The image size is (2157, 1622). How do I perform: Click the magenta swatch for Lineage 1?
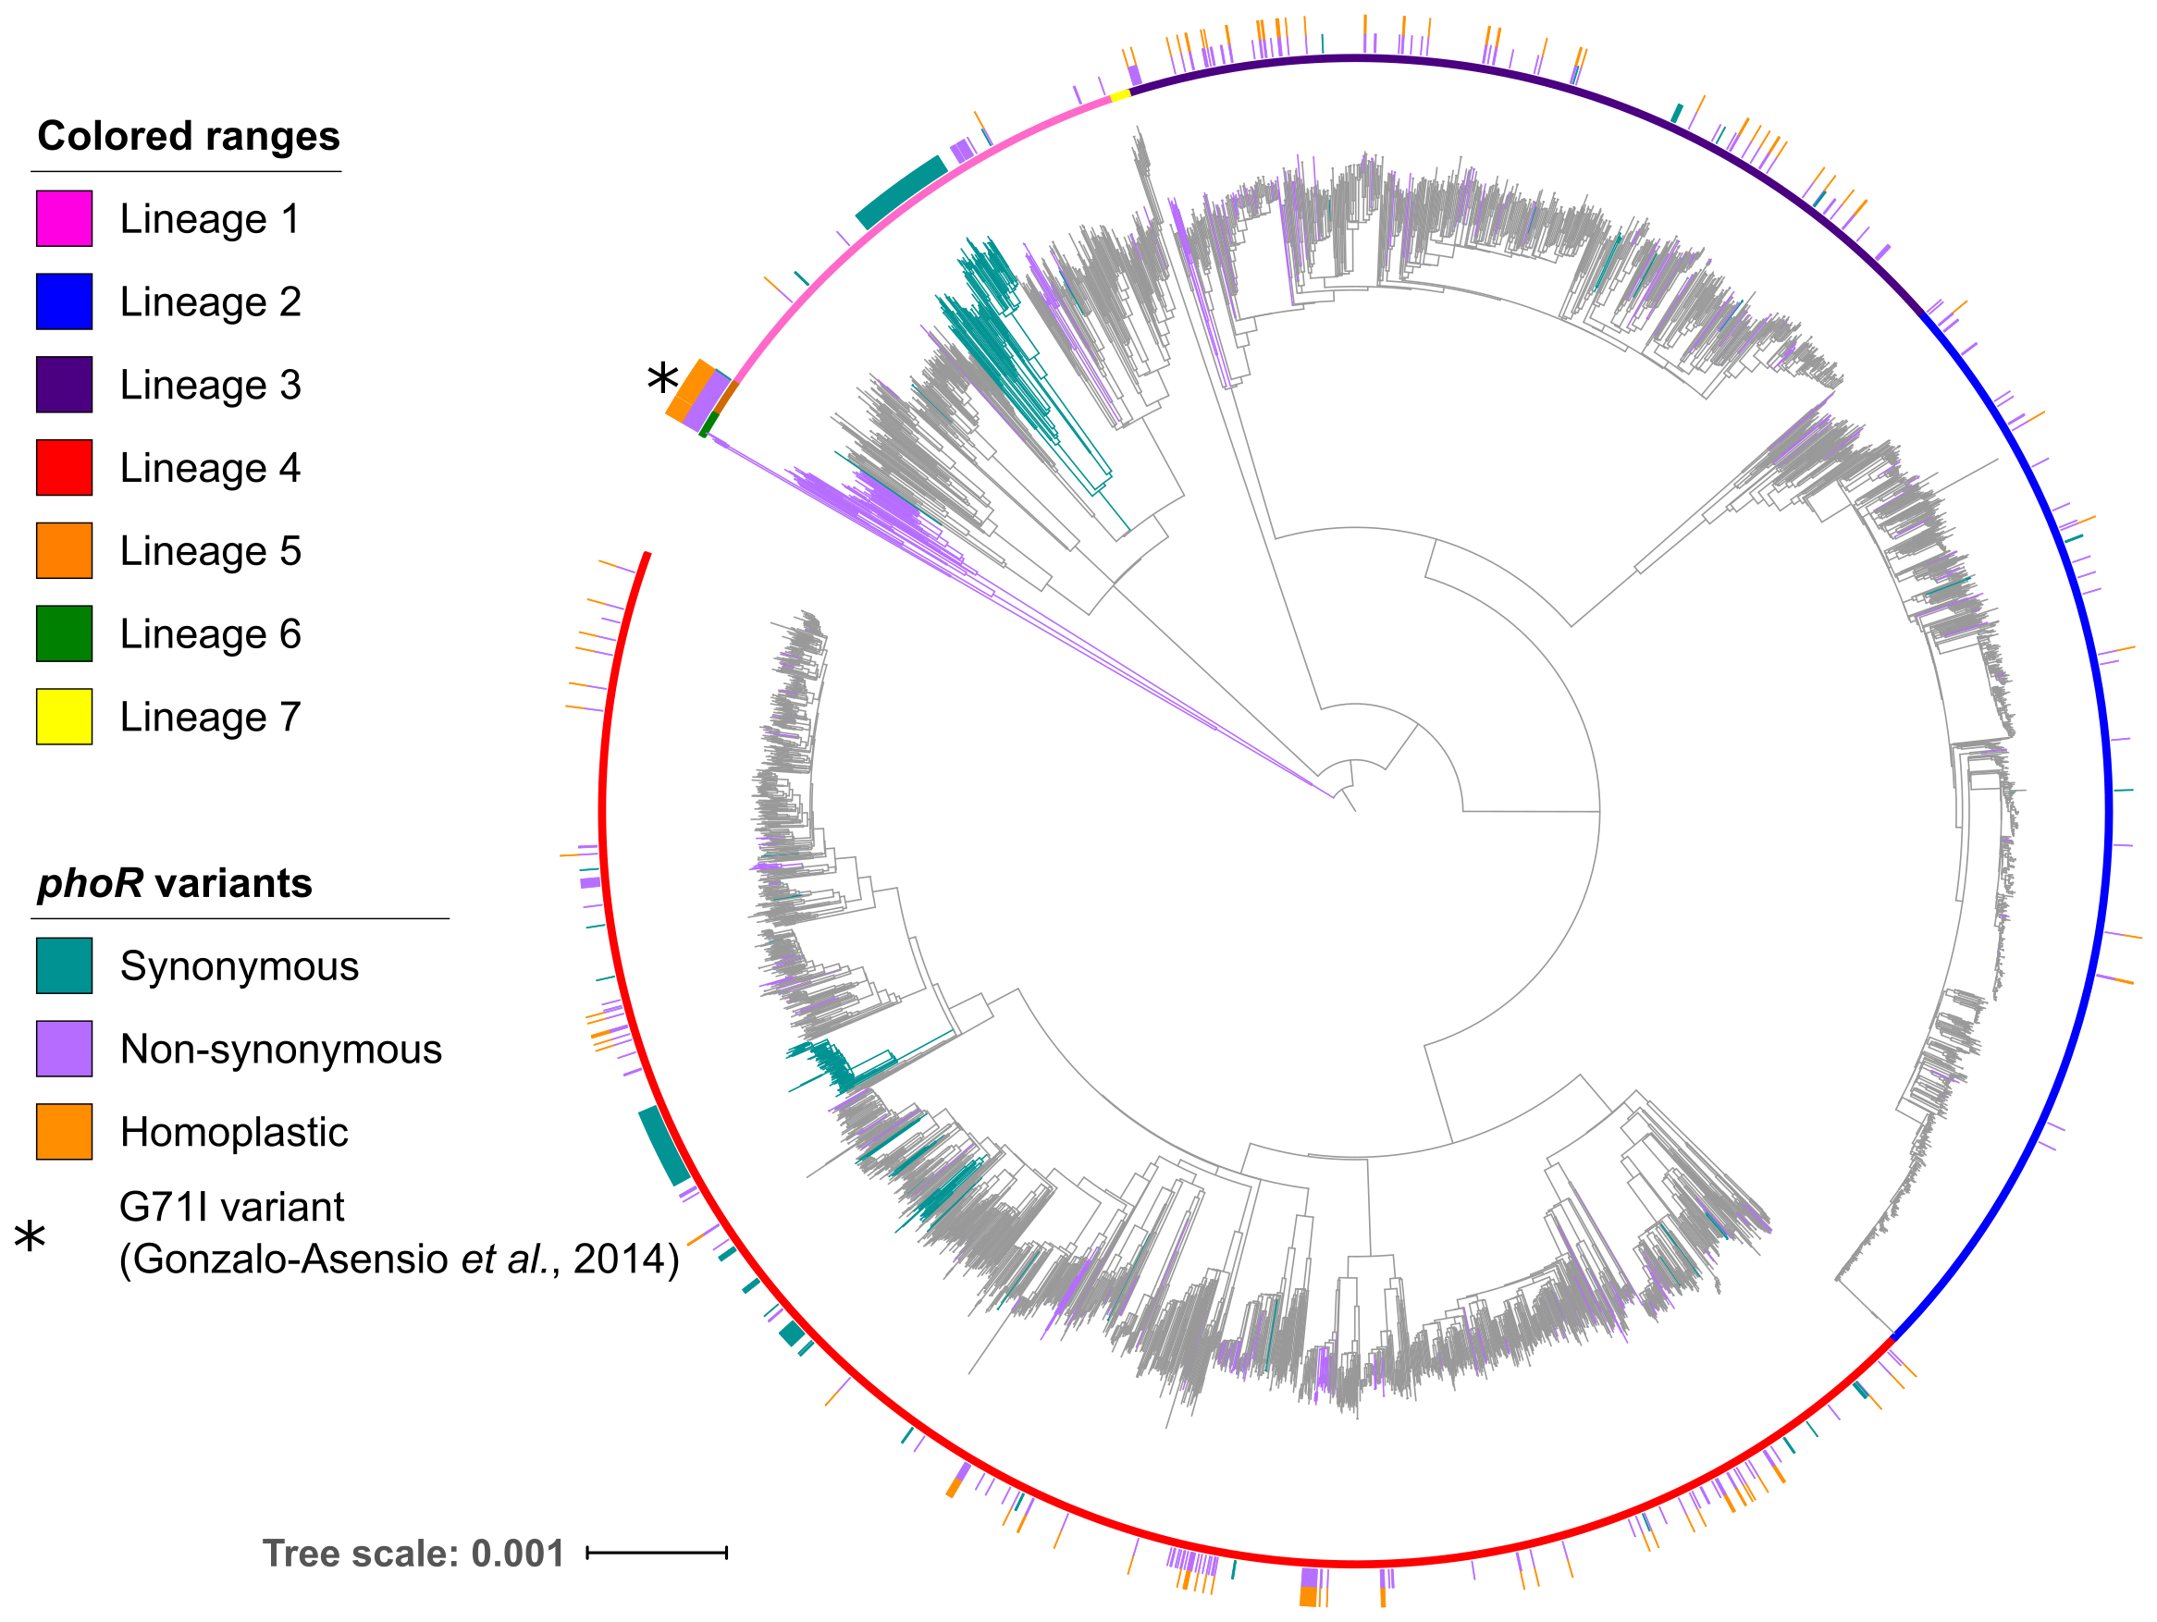(x=65, y=218)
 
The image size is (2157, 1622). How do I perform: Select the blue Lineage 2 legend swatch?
(x=65, y=301)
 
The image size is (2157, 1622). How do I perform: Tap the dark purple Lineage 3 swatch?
(x=65, y=384)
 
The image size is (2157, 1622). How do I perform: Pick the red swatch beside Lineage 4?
(x=65, y=468)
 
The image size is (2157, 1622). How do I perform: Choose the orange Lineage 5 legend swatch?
(x=65, y=551)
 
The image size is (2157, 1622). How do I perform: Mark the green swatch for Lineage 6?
(x=65, y=633)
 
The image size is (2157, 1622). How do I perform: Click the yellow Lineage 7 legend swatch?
(x=65, y=717)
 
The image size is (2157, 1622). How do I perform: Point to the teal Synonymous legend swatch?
(x=65, y=965)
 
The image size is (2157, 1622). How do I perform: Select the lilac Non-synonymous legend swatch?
(x=65, y=1049)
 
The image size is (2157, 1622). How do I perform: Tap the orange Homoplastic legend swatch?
(x=65, y=1132)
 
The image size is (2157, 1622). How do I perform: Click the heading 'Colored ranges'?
(x=188, y=136)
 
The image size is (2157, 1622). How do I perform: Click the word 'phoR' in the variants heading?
(x=91, y=883)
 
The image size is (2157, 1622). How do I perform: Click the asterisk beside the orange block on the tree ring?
(x=662, y=378)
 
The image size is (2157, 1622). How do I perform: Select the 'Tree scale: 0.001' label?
(x=413, y=1554)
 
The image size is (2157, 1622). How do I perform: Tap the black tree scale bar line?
(x=657, y=1553)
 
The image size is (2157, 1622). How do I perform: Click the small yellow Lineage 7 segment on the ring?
(x=1120, y=94)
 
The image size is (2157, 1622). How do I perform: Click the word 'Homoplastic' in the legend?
(x=234, y=1132)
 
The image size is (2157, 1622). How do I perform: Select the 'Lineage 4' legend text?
(x=210, y=468)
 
